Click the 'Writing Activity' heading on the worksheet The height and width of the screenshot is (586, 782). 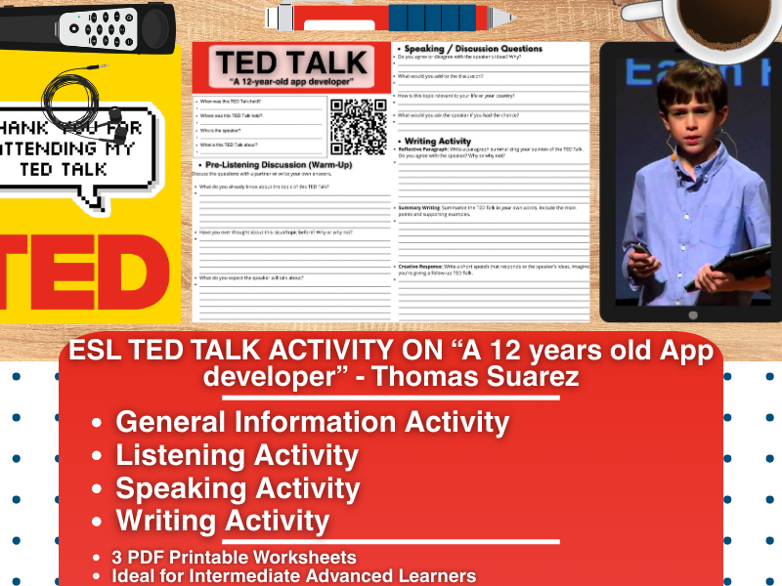438,141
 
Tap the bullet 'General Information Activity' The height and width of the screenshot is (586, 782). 312,422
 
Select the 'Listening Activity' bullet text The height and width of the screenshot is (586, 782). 237,455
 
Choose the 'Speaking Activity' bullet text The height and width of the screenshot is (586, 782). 238,488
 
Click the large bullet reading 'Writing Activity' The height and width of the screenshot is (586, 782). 222,521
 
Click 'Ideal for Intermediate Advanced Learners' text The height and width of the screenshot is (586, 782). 293,575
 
